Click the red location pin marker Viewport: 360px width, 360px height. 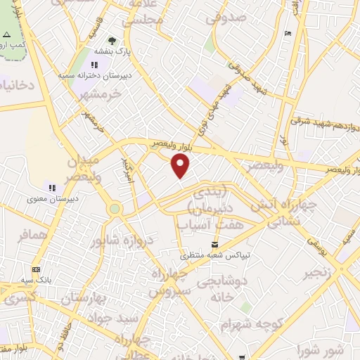point(181,166)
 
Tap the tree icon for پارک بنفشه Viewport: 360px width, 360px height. point(112,41)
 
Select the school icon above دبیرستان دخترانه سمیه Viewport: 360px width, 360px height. point(94,66)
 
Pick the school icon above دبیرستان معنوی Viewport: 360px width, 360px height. point(51,188)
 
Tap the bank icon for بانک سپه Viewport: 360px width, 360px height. point(36,269)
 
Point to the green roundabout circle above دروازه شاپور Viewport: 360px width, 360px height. point(115,209)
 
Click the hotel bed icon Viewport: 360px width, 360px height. point(287,34)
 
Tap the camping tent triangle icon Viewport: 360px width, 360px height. point(7,34)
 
